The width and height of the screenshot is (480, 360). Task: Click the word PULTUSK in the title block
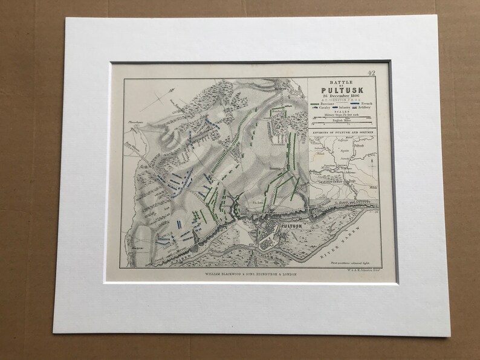coord(340,92)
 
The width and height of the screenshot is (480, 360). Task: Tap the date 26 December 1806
coord(340,98)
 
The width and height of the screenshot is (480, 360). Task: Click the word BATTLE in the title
coord(340,82)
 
